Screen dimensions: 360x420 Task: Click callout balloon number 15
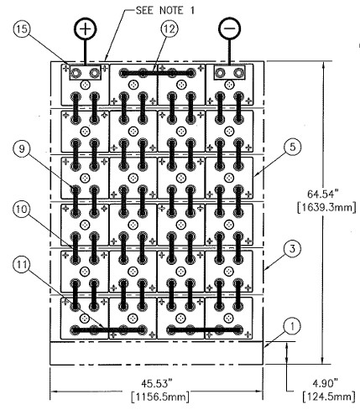(22, 29)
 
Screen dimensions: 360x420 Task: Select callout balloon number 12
(170, 29)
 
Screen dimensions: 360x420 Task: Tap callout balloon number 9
(22, 148)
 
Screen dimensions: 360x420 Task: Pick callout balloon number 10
(22, 209)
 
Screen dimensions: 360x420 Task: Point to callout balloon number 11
(22, 264)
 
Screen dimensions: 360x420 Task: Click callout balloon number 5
(292, 147)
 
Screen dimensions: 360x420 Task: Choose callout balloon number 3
(292, 248)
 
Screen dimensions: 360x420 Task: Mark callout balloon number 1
(292, 326)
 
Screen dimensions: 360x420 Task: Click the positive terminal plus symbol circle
(86, 29)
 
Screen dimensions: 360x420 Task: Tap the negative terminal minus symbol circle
(230, 29)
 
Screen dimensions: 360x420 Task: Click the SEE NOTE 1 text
(164, 11)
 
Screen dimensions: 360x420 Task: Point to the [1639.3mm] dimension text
(326, 207)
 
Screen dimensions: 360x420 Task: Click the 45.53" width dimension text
(157, 383)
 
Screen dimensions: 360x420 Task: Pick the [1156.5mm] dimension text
(160, 397)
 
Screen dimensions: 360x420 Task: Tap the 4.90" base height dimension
(326, 383)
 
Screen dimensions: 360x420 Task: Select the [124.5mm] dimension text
(329, 397)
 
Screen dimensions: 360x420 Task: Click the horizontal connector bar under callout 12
(157, 73)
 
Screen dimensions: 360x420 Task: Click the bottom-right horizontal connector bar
(205, 330)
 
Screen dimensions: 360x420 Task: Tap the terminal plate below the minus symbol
(229, 73)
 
